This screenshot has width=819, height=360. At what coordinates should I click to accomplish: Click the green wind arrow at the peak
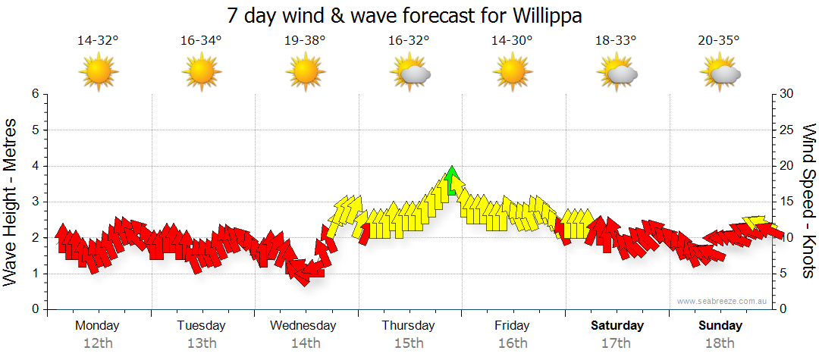[453, 181]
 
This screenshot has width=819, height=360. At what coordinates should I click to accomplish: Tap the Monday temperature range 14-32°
[98, 41]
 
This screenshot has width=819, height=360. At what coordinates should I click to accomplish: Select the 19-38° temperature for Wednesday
[305, 41]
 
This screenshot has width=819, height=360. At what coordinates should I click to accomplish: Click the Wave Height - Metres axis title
[11, 201]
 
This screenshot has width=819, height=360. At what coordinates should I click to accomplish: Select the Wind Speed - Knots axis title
[808, 201]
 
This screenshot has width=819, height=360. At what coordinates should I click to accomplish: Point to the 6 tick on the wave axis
[35, 94]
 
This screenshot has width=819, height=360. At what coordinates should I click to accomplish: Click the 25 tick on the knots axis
[788, 130]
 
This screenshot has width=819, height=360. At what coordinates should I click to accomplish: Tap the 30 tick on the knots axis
[788, 94]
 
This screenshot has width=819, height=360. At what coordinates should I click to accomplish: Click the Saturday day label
[617, 326]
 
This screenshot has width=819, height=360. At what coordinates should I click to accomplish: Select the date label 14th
[305, 343]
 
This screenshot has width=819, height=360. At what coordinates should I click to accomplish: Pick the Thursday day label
[408, 326]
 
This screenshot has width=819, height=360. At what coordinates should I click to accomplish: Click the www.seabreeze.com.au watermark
[723, 302]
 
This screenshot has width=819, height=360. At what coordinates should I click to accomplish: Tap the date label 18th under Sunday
[720, 343]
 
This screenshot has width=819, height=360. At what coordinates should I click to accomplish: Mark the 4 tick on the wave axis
[35, 166]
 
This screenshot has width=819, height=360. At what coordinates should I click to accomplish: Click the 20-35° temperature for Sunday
[719, 41]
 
